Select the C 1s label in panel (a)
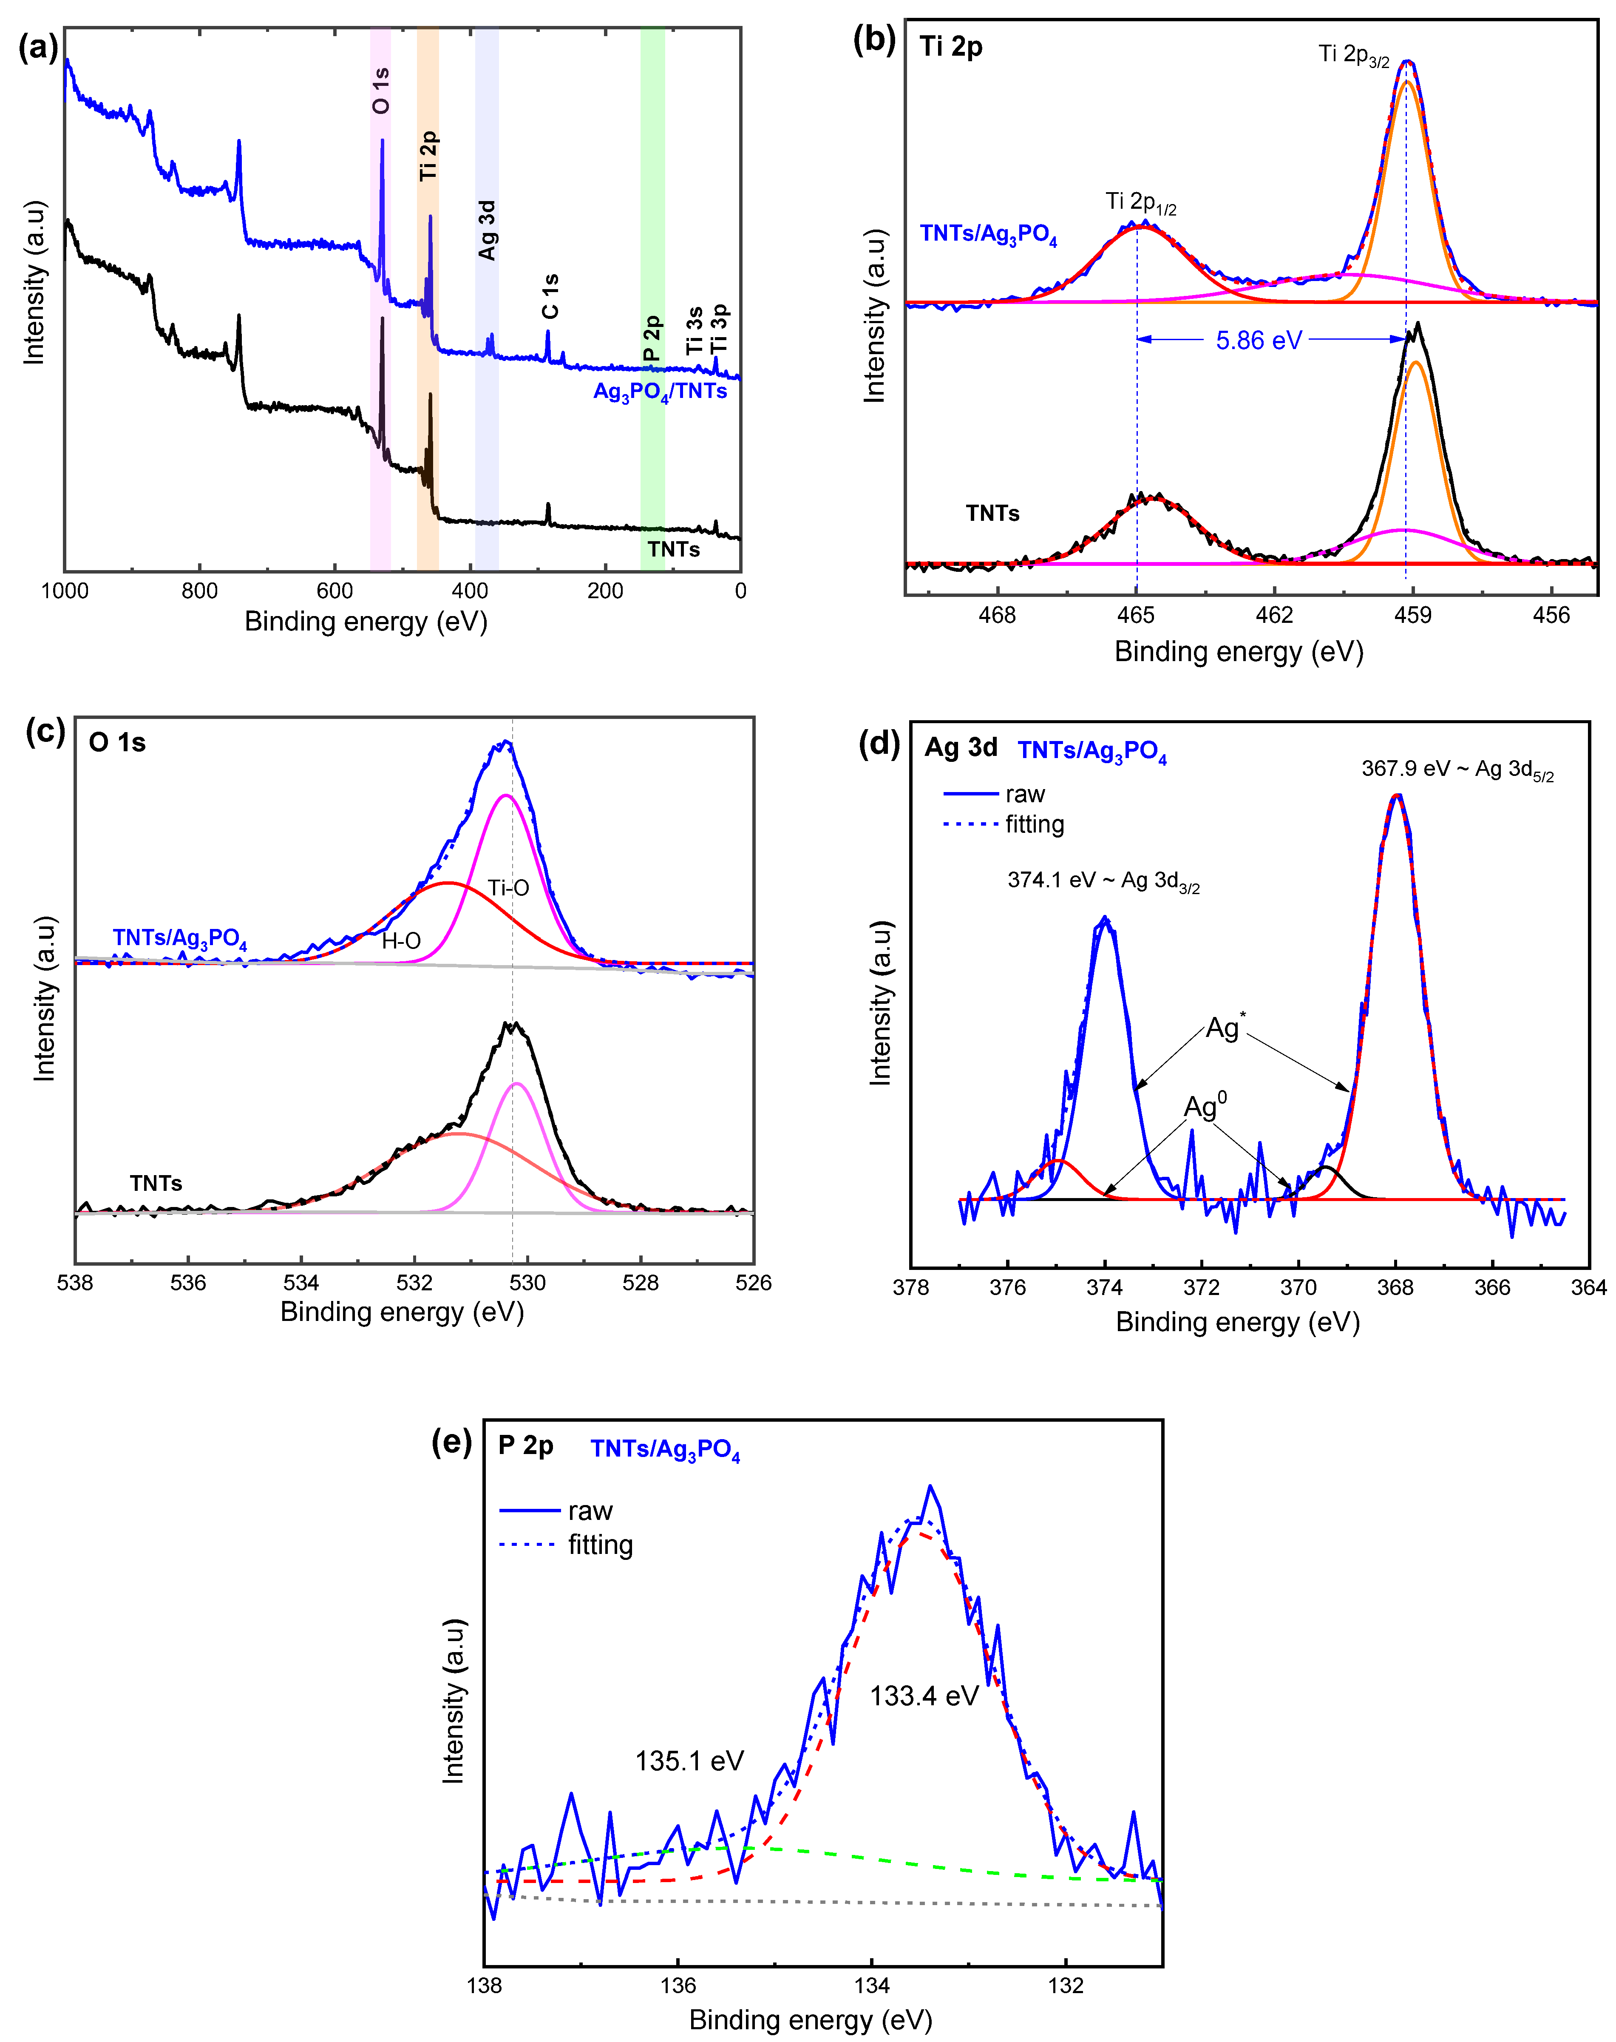click(x=550, y=296)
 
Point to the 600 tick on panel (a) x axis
click(x=335, y=591)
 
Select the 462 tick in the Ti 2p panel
click(x=1274, y=615)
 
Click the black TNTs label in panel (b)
click(x=992, y=514)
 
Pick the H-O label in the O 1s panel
click(x=401, y=940)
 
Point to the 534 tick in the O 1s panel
click(x=301, y=1283)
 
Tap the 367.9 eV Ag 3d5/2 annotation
click(x=1457, y=769)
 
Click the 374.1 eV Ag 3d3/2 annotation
click(x=1103, y=881)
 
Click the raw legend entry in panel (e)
click(x=590, y=1511)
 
